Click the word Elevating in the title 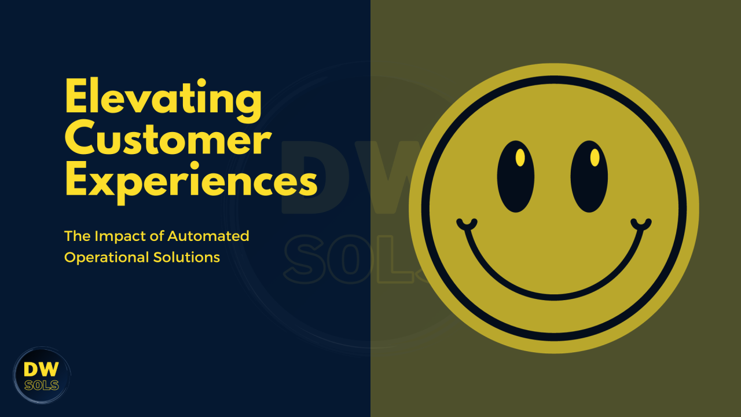click(163, 100)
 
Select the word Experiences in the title click(191, 182)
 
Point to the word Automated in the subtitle click(208, 236)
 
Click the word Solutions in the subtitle click(186, 258)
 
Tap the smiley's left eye click(515, 177)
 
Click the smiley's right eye click(589, 177)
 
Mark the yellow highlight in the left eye click(520, 158)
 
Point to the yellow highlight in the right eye click(595, 158)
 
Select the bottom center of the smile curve click(554, 297)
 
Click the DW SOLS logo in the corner click(42, 375)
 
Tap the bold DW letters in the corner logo click(41, 370)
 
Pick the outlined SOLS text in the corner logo click(42, 385)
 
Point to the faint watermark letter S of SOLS click(304, 259)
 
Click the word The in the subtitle click(78, 236)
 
